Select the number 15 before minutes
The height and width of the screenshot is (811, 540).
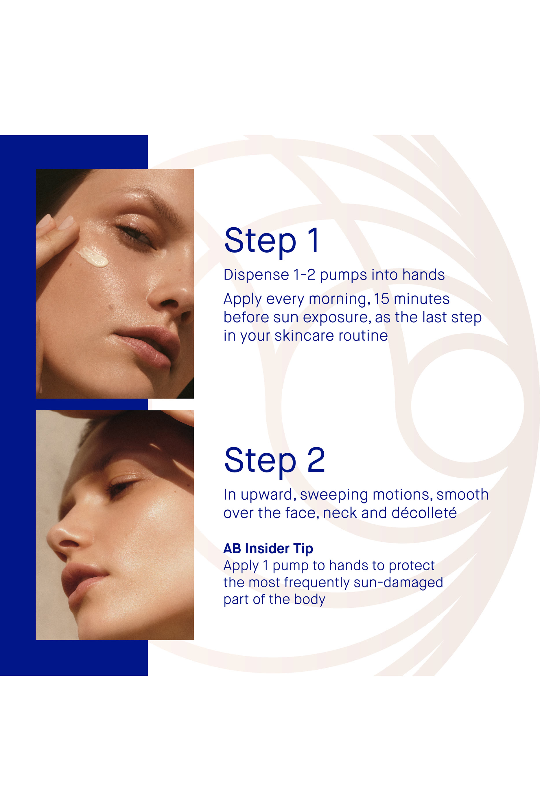(x=381, y=299)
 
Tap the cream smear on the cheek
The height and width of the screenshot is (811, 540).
(x=92, y=257)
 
